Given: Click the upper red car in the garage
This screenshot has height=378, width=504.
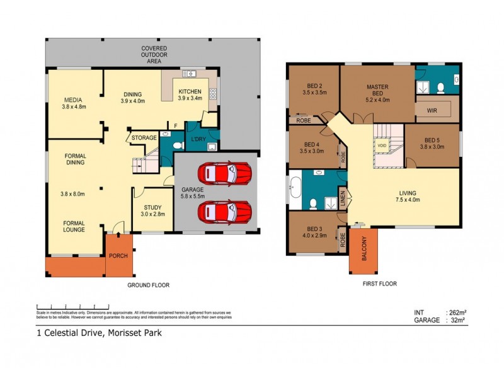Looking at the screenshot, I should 224,173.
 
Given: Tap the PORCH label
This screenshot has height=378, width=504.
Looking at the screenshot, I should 118,256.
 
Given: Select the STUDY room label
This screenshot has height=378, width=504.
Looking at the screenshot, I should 152,207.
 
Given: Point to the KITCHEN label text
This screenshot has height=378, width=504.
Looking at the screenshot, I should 190,91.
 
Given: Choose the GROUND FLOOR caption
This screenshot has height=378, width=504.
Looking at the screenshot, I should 149,285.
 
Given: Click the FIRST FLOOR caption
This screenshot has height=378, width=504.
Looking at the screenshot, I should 379,284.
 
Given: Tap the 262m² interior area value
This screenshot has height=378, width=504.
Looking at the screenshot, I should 456,312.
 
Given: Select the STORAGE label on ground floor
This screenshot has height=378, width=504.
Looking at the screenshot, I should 144,137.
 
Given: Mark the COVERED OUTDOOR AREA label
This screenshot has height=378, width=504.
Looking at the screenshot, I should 154,55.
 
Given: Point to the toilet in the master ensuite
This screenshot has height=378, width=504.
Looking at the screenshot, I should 440,87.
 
